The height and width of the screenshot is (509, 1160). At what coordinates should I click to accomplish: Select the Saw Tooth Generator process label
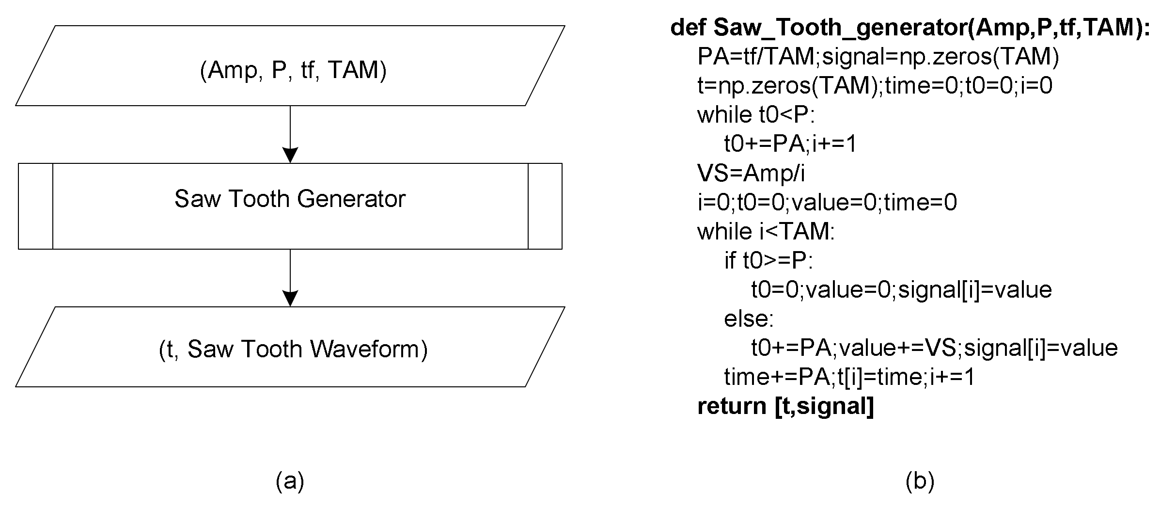[290, 199]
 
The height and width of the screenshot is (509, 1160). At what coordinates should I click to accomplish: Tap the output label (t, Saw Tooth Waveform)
[293, 349]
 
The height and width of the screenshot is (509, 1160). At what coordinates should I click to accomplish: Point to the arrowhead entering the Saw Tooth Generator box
[290, 155]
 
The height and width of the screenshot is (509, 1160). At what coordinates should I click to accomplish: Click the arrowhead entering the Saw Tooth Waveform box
[290, 298]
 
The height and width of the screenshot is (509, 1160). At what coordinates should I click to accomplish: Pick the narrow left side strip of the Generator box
[35, 206]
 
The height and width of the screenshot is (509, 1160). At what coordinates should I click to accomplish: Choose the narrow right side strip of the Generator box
[545, 206]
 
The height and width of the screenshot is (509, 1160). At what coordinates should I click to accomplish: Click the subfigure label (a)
[290, 481]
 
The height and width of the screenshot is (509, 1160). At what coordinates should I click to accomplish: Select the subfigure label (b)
[920, 481]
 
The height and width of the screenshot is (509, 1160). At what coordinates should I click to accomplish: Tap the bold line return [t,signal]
[785, 406]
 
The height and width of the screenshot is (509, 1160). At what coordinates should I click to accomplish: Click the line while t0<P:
[756, 115]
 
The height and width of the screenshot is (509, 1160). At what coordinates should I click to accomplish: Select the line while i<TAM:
[766, 231]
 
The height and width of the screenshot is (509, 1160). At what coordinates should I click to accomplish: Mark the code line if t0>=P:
[768, 261]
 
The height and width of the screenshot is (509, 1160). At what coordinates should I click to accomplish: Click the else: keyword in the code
[749, 319]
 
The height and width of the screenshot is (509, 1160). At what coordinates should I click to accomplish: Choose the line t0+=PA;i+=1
[790, 144]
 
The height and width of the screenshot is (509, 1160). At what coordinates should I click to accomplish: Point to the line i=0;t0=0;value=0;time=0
[827, 202]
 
